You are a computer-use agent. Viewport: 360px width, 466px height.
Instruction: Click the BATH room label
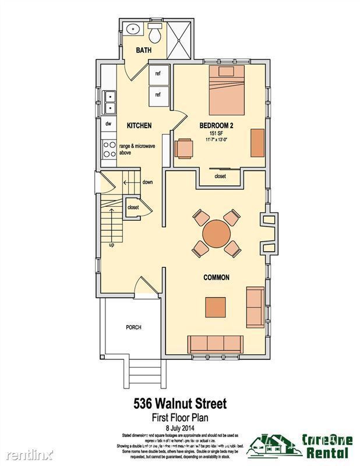click(143, 51)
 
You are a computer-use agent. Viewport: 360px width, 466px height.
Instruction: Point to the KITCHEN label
click(139, 125)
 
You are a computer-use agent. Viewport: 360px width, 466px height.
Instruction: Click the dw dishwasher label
click(108, 124)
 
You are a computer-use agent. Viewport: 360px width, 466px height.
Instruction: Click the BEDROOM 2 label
click(216, 125)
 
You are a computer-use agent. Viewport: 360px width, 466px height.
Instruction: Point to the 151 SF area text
click(217, 133)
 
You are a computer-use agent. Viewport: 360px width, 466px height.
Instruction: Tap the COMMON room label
click(216, 278)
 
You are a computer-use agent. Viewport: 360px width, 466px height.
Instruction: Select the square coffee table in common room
click(216, 308)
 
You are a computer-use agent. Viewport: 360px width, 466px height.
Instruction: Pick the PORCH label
click(133, 327)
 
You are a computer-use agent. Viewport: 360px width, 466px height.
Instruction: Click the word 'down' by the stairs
click(147, 182)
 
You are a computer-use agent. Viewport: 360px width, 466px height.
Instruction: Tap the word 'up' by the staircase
click(111, 245)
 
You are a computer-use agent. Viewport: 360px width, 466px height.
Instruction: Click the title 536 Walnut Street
click(180, 403)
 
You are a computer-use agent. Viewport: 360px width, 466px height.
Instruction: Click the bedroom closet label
click(220, 176)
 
